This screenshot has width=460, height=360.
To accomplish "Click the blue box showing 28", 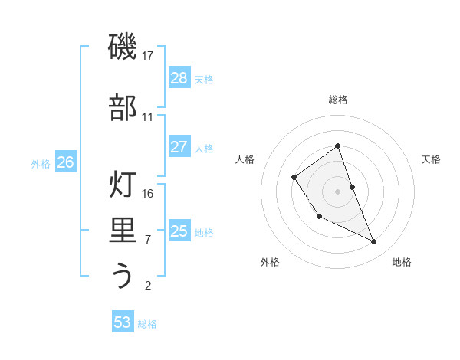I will coord(179,78).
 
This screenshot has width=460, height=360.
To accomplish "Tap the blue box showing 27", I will coord(179,147).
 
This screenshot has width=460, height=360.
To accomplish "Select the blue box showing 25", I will coord(179,231).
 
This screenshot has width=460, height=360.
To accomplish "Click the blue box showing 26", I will coord(66,162).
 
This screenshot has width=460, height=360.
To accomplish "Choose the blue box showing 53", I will coord(123,322).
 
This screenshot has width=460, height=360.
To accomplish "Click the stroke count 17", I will coord(148,56).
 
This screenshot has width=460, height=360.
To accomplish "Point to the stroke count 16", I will coord(148,193).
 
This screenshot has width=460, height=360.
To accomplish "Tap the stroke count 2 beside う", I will coord(148,286).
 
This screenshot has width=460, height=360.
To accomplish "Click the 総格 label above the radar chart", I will coord(338,100).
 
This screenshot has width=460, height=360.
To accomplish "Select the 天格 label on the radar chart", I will coord(431,159).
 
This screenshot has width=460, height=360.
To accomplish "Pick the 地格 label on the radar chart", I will coord(402,262).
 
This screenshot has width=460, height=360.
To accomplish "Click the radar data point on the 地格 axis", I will coord(374,242).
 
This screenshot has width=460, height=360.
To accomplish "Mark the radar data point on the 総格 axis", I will coord(338,146).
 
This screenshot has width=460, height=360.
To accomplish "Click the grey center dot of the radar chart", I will coord(338,191).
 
